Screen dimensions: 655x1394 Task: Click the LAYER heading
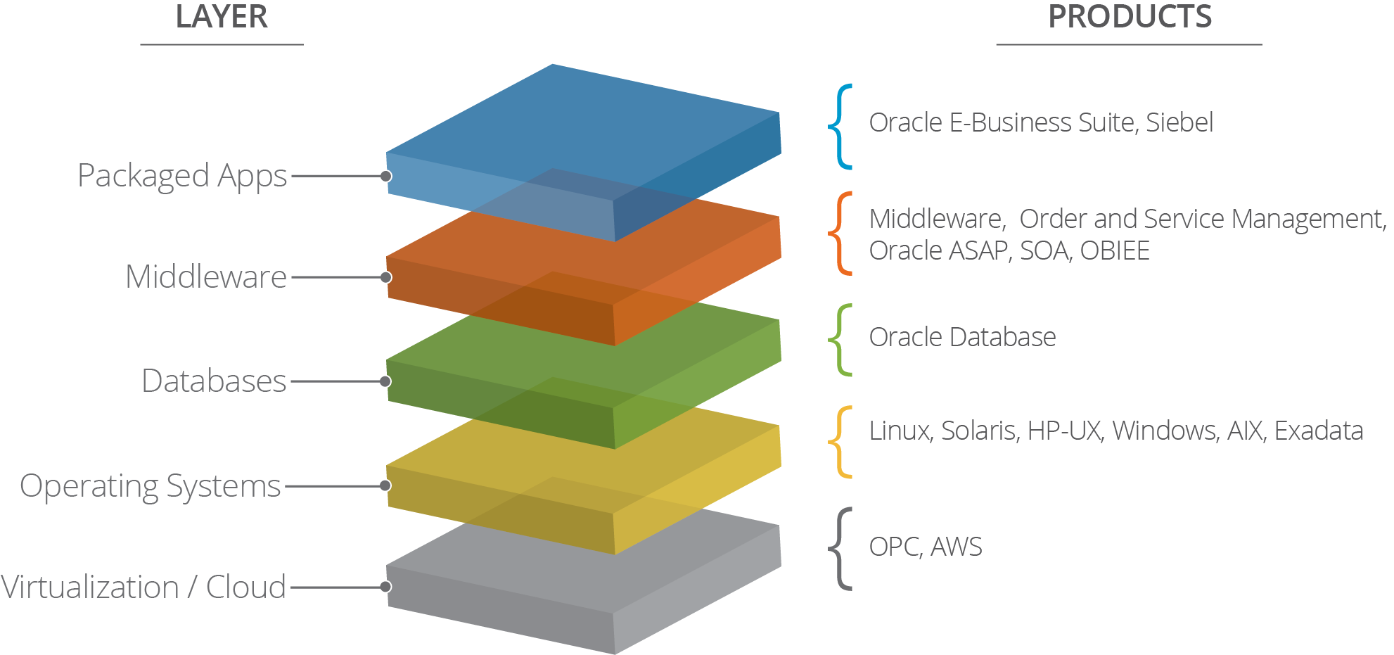222,17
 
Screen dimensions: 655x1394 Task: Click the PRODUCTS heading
1130,17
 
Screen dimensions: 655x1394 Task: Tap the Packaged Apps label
182,176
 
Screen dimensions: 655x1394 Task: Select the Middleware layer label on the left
205,277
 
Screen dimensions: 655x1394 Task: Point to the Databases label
214,381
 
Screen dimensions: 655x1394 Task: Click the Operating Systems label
150,486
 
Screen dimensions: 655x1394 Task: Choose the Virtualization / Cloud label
143,587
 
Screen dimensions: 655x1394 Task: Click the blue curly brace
840,127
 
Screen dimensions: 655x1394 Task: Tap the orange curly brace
840,233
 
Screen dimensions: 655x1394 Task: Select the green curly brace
840,340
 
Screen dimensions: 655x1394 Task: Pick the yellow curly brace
840,442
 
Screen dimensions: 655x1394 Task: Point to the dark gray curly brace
840,548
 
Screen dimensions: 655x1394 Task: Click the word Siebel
1179,123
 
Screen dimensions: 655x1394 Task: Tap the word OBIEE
1115,251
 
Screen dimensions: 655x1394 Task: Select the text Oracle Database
961,338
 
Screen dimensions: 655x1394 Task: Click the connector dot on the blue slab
386,176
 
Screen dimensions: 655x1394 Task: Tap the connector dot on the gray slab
385,587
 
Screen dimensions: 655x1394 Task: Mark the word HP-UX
1063,431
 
